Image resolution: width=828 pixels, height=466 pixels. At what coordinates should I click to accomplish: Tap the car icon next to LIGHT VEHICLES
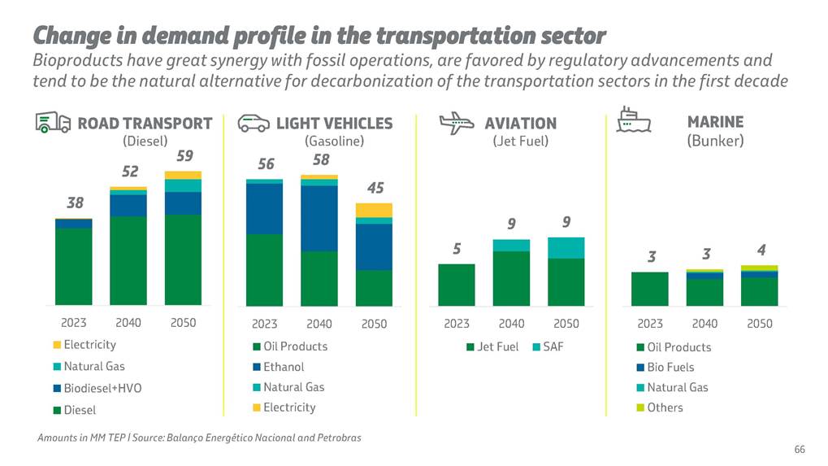(254, 124)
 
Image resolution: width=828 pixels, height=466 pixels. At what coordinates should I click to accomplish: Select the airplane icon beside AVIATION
(457, 123)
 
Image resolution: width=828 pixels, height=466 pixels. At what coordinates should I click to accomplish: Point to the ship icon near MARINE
(634, 120)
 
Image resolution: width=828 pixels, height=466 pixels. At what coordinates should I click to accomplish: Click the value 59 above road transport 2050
(185, 155)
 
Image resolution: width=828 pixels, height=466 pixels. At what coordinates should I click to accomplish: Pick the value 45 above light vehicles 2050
(375, 188)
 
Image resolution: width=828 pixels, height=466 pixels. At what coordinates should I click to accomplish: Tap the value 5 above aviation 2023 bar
(457, 249)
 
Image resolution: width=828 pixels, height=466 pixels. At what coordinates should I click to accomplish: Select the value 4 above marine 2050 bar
(761, 250)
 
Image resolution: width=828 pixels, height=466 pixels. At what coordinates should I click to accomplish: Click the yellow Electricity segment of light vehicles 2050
(374, 210)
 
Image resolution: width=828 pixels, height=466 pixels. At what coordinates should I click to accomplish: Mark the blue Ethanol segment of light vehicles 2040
(319, 218)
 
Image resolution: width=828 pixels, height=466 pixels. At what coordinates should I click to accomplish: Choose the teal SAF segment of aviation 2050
(566, 247)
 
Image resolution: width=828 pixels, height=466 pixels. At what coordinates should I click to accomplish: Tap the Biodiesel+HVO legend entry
(97, 389)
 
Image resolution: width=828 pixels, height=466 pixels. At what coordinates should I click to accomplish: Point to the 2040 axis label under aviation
(512, 323)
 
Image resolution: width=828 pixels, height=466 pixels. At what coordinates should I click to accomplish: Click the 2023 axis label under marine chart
(650, 323)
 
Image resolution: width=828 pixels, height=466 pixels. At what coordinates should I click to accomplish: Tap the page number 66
(800, 450)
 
